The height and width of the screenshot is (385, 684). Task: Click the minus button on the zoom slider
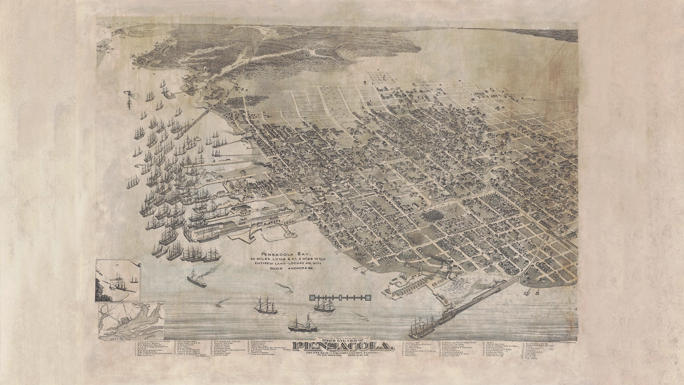click(312, 297)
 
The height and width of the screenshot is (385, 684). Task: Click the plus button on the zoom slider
click(368, 297)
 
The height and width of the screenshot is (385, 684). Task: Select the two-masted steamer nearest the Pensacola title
click(298, 325)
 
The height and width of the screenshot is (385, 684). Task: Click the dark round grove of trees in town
click(432, 215)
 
